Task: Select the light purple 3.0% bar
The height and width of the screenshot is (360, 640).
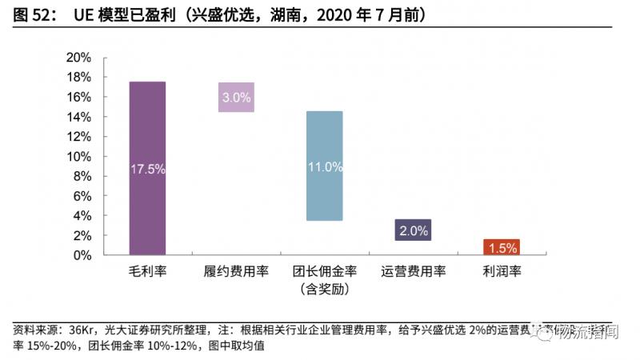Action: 236,97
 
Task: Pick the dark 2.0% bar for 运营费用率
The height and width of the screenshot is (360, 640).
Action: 413,230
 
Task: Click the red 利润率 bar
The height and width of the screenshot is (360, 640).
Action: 502,247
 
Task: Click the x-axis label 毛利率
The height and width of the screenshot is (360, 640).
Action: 147,271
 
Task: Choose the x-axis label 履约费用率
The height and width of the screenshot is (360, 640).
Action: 236,271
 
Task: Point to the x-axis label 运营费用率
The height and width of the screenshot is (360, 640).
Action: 413,271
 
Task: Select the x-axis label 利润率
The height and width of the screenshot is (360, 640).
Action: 502,271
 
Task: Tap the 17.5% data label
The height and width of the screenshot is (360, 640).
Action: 147,169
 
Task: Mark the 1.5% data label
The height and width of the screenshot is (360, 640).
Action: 502,248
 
